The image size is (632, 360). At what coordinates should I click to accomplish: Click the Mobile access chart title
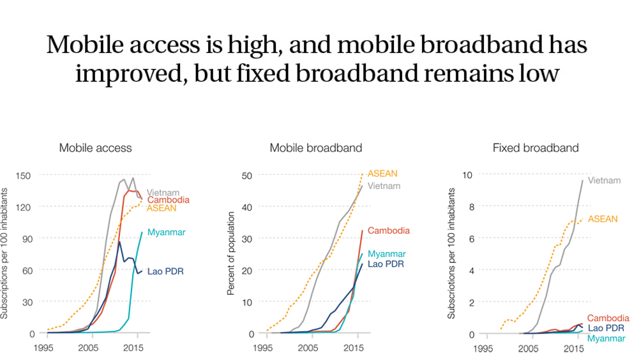pos(95,148)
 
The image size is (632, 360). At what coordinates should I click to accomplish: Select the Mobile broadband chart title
pos(315,148)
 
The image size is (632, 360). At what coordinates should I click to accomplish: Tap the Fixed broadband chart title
pos(536,148)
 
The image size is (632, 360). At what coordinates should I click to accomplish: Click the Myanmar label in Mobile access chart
pos(166,232)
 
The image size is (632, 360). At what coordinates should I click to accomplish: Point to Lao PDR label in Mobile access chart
pos(165,271)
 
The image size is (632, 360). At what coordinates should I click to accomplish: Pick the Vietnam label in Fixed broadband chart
pos(604,181)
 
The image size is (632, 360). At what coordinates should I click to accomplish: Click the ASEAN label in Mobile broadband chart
pos(382,174)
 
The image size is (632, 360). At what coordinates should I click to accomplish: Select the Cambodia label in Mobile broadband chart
pos(388,230)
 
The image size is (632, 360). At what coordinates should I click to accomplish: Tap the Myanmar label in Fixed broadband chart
pos(606,338)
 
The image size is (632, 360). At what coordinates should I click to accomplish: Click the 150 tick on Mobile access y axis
pos(24,175)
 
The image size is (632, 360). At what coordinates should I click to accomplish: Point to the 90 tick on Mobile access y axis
pos(27,238)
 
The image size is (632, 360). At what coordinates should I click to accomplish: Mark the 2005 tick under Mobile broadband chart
pos(308,349)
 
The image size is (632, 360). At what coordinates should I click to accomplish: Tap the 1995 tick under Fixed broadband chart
pos(483,349)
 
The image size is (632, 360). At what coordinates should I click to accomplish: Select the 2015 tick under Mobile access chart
pos(133,349)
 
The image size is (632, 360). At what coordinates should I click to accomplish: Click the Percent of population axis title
pos(231,253)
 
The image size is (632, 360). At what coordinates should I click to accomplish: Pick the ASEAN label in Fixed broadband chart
pos(603,219)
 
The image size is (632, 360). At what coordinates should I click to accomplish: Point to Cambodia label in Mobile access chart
pos(168,200)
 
